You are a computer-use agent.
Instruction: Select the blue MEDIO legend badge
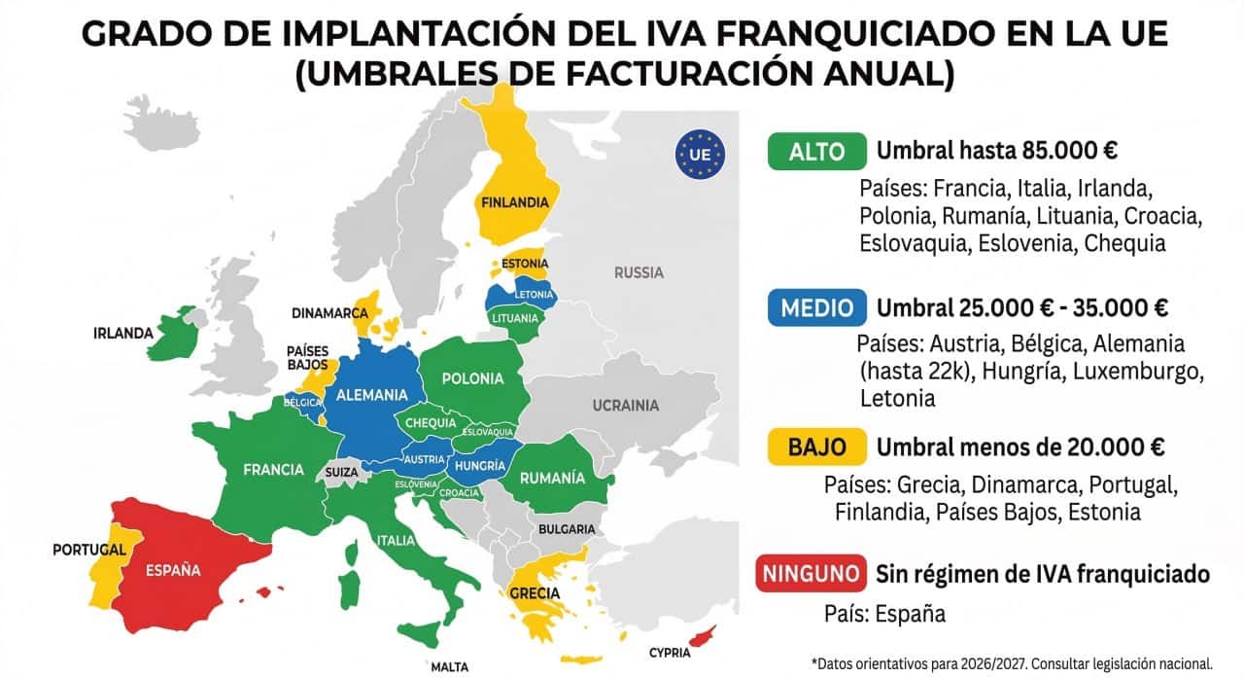point(816,308)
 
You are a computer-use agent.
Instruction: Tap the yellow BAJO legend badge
point(816,447)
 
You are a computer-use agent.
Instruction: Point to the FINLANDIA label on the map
point(514,202)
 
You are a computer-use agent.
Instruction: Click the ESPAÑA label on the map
point(173,570)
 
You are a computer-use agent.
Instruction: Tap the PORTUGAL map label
point(89,550)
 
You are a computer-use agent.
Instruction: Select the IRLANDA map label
point(123,333)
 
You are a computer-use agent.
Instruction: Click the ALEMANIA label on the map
point(371,395)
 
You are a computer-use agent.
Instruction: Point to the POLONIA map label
point(472,378)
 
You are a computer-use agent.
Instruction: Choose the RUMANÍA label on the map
point(552,478)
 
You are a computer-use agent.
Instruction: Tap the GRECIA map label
point(534,592)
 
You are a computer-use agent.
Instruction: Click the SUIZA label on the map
point(342,472)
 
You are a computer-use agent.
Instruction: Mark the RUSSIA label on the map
point(639,272)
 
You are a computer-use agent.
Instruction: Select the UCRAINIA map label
point(626,406)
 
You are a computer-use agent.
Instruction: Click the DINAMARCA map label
point(329,313)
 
